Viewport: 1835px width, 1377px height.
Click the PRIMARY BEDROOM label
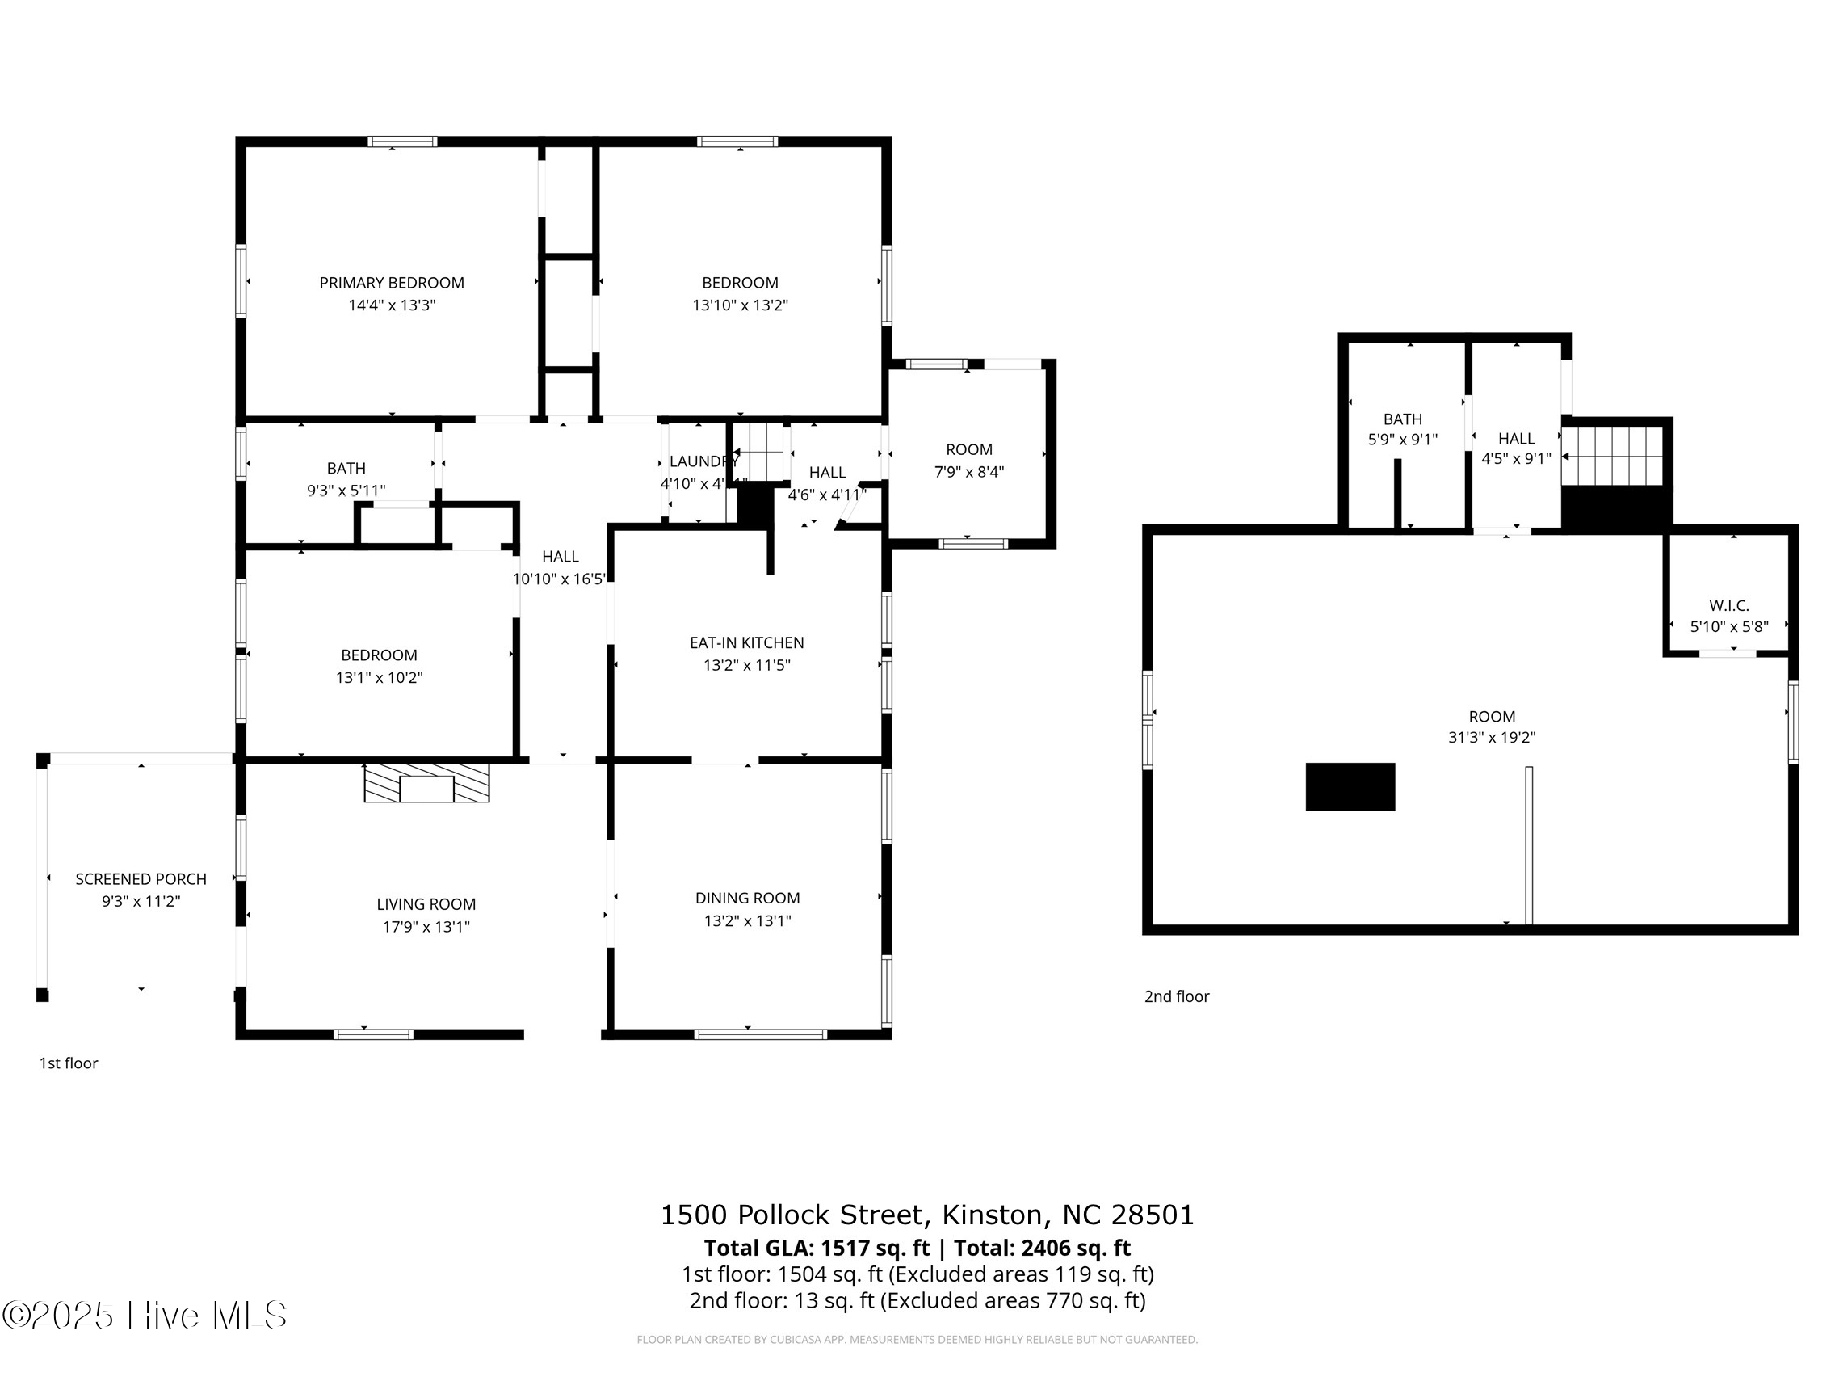[392, 283]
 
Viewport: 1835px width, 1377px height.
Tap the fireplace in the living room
[426, 783]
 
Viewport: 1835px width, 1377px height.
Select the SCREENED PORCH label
[141, 879]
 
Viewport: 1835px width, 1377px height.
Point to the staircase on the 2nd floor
[1613, 457]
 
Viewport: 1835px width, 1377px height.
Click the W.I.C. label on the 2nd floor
[1729, 606]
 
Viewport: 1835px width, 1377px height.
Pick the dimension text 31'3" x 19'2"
[1492, 738]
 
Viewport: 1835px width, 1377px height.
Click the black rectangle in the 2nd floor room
[1350, 787]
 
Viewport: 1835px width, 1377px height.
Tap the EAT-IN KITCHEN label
[746, 643]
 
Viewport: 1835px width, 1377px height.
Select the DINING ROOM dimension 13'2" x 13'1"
[746, 920]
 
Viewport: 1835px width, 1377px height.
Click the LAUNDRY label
[702, 461]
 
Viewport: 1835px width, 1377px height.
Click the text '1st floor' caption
[69, 1063]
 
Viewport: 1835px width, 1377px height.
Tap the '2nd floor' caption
[1176, 997]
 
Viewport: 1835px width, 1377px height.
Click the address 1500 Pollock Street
[792, 1215]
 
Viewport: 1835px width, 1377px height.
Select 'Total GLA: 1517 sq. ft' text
[817, 1249]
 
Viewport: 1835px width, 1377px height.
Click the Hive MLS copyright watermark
[145, 1315]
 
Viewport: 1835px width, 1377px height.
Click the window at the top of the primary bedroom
[402, 142]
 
